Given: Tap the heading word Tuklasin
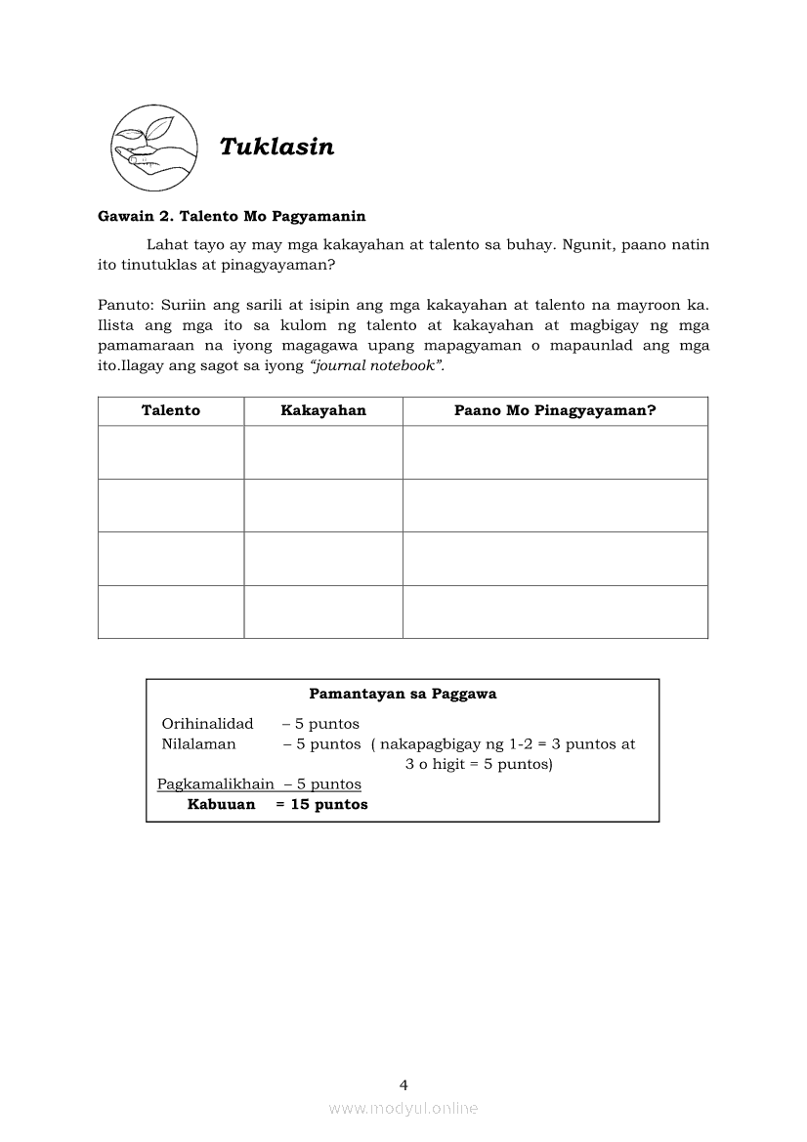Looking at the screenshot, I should [x=276, y=147].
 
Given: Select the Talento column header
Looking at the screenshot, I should [x=171, y=411].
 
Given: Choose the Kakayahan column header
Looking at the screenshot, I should [x=323, y=411].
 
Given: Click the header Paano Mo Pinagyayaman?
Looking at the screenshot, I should [x=555, y=411].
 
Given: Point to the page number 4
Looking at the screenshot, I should [x=403, y=1084].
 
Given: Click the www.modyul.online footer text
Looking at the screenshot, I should [x=403, y=1108].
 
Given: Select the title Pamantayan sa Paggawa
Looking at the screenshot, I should [x=403, y=695].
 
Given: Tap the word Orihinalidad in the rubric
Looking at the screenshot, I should [x=207, y=724].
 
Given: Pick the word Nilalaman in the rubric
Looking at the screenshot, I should [x=198, y=744].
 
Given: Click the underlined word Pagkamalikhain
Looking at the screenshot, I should [x=216, y=784].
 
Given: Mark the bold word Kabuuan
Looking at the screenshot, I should [x=221, y=805].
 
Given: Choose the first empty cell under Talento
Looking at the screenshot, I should [x=171, y=452].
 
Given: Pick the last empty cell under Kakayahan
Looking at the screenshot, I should [x=323, y=612].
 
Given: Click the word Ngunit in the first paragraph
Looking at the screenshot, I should [x=587, y=244].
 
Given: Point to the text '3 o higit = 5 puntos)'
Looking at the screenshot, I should [x=479, y=764].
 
